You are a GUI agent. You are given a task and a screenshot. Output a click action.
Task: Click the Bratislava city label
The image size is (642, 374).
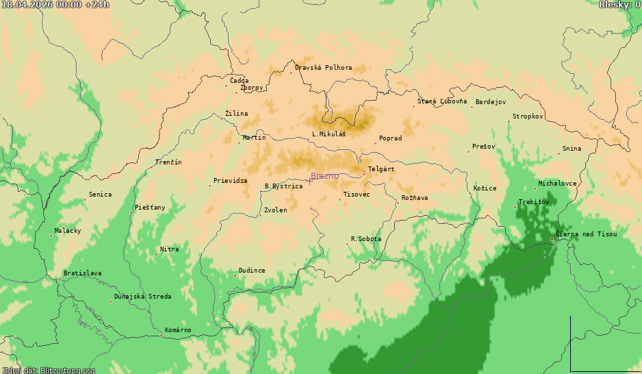tap(82, 273)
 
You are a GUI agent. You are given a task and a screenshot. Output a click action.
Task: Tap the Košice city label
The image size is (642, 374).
tap(485, 188)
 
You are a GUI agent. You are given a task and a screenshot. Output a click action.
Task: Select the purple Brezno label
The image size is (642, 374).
tap(325, 176)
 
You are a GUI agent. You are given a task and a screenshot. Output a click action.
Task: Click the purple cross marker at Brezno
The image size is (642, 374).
tap(309, 180)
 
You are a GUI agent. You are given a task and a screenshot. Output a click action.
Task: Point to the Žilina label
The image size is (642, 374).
tap(236, 114)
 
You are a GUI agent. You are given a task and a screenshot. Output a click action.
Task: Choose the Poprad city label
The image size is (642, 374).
tap(390, 138)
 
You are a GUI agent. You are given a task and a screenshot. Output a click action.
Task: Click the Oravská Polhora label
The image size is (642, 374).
tap(323, 68)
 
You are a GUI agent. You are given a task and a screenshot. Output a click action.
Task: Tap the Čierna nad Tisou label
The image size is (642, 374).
tap(587, 234)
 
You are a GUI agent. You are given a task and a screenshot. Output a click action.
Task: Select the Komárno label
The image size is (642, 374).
tap(178, 330)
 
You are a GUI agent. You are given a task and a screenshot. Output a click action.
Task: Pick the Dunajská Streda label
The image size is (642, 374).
tap(143, 297)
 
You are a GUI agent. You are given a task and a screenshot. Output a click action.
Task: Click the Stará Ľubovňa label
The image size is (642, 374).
tap(442, 101)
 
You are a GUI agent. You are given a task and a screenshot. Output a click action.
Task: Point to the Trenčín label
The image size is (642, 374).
tap(168, 162)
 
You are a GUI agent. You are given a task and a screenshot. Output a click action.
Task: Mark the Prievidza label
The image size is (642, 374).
tap(230, 181)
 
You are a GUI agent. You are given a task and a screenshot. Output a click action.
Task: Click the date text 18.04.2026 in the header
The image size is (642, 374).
tap(27, 5)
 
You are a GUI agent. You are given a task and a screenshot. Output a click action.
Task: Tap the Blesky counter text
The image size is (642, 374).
tap(619, 5)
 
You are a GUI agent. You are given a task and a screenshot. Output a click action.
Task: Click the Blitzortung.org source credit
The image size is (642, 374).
tap(48, 371)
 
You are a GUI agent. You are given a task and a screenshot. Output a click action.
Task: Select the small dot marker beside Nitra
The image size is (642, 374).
tap(156, 254)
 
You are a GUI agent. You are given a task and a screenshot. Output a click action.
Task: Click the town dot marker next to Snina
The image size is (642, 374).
tap(558, 153)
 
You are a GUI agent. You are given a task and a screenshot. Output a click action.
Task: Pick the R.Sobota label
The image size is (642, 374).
tap(365, 239)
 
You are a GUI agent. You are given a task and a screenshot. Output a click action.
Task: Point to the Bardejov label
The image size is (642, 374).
tap(490, 102)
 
